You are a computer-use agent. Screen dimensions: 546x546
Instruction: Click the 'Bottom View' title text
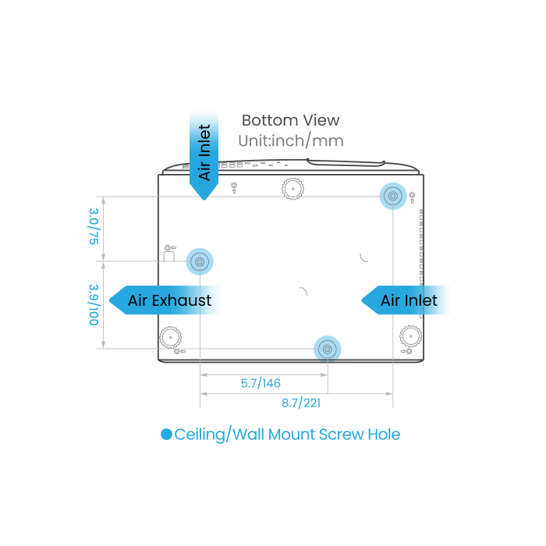click(290, 120)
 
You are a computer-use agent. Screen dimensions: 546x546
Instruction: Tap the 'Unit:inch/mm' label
click(290, 140)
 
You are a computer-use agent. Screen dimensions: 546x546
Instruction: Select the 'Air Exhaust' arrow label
click(168, 300)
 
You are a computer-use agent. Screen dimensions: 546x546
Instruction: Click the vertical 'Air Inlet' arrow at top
click(204, 152)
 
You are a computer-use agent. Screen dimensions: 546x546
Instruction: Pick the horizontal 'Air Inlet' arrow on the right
click(407, 300)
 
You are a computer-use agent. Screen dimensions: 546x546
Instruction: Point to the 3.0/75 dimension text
click(94, 227)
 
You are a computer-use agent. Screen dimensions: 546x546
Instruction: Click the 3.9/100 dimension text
click(94, 304)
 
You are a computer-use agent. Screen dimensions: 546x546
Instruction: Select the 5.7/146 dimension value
click(261, 383)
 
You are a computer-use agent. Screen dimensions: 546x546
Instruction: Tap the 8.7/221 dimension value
click(301, 402)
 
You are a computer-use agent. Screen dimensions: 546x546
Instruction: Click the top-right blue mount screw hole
click(392, 195)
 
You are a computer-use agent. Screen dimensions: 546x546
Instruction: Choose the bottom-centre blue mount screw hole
click(327, 348)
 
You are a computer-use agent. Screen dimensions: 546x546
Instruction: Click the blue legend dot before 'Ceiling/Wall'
click(166, 434)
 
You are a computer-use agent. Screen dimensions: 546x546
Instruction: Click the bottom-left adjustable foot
click(170, 338)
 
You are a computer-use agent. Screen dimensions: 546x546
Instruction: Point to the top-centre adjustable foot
click(291, 188)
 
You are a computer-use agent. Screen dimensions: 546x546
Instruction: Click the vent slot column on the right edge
click(421, 250)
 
